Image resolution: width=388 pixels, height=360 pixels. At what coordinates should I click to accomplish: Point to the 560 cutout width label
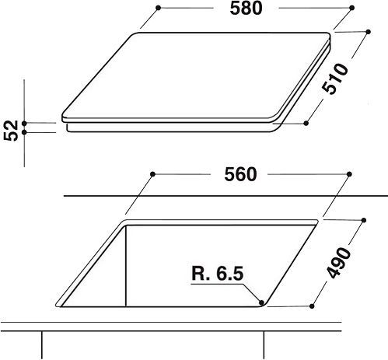coord(245,174)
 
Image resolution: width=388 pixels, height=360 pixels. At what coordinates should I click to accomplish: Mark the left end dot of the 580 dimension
coord(158,9)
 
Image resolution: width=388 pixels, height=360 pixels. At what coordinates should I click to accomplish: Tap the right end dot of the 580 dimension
coord(335,9)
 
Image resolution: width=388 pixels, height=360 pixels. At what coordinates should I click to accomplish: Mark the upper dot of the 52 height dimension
coord(26,122)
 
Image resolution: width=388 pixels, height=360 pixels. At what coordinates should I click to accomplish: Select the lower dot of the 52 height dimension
coord(26,132)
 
